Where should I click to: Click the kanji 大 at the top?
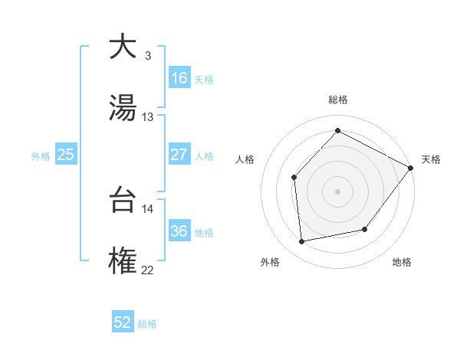(x=123, y=47)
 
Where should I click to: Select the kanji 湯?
(x=123, y=106)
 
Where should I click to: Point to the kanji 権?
(x=123, y=260)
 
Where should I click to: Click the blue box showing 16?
(x=179, y=78)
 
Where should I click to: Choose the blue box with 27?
(x=179, y=155)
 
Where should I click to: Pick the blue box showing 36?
(x=179, y=231)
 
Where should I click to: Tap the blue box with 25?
(x=66, y=155)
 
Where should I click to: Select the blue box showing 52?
(x=123, y=322)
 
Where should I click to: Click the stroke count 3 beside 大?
(x=147, y=56)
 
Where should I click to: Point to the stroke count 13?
(x=148, y=117)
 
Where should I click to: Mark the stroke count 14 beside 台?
(x=148, y=208)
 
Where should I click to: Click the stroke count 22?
(x=148, y=270)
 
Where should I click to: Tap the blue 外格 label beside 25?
(x=41, y=155)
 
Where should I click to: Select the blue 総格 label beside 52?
(x=147, y=323)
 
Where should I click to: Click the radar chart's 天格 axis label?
(x=431, y=159)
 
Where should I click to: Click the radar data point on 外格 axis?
(x=302, y=242)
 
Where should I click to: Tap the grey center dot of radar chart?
(x=337, y=191)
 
